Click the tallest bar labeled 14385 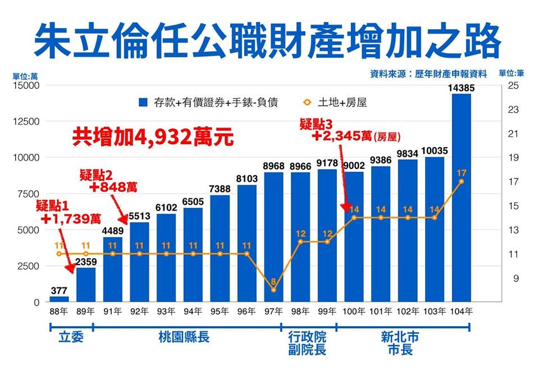click(461, 198)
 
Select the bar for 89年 click(86, 285)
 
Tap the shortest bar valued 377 click(59, 299)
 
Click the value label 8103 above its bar click(247, 179)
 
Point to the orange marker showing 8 click(273, 290)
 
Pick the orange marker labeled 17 click(461, 181)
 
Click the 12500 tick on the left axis click(24, 122)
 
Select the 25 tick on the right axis click(513, 85)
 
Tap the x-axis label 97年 click(273, 310)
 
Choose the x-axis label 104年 click(461, 310)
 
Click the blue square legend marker click(143, 103)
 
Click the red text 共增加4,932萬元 click(153, 138)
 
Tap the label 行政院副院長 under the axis click(307, 343)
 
